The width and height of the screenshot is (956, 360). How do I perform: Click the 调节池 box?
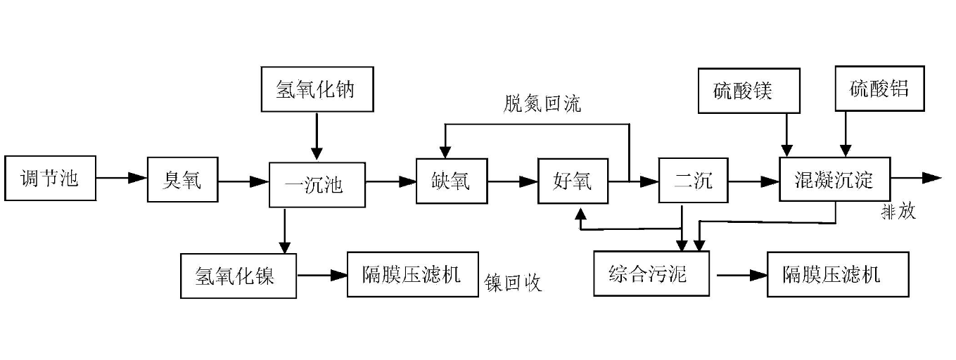50,179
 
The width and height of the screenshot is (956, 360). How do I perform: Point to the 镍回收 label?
514,283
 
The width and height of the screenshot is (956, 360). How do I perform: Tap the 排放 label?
899,211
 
